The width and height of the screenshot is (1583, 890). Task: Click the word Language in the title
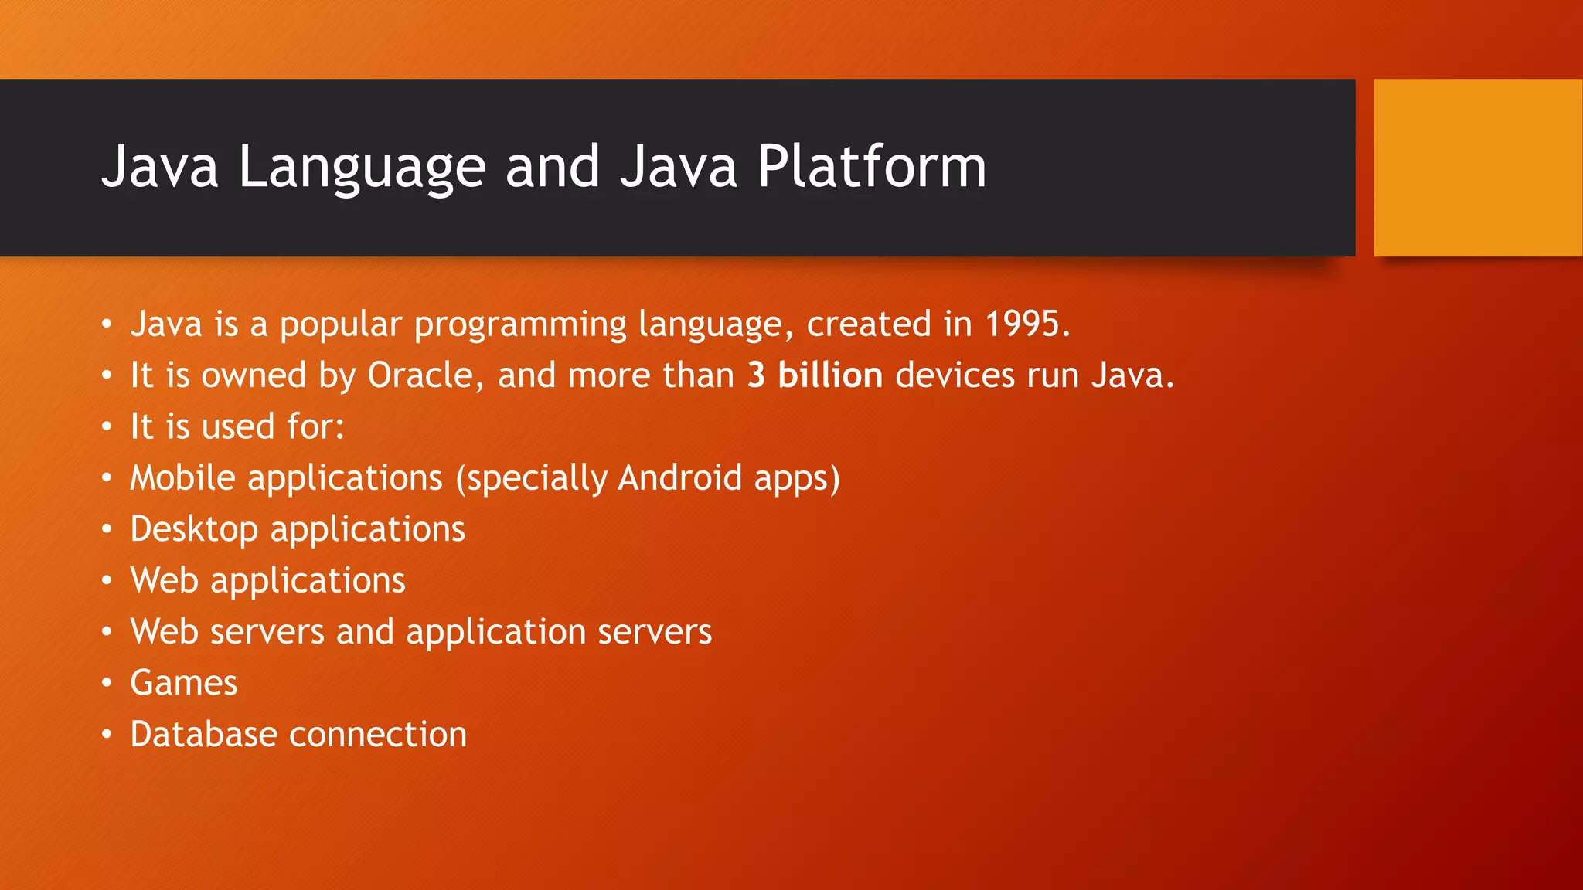[x=361, y=167]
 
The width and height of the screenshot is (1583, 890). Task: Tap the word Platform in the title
[x=871, y=167]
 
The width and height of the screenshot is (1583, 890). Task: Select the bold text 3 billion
[x=815, y=375]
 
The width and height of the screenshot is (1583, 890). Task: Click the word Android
[x=680, y=477]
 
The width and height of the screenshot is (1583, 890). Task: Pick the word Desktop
[x=194, y=530]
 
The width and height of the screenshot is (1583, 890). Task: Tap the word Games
[x=184, y=683]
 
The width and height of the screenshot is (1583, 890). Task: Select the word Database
[x=203, y=734]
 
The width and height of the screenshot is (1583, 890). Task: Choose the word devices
[x=955, y=375]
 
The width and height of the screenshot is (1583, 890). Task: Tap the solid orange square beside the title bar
[x=1478, y=168]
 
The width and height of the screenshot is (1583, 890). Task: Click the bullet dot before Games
[x=107, y=683]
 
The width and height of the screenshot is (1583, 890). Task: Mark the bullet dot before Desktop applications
[x=107, y=529]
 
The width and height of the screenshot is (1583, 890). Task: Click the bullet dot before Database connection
[x=107, y=734]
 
